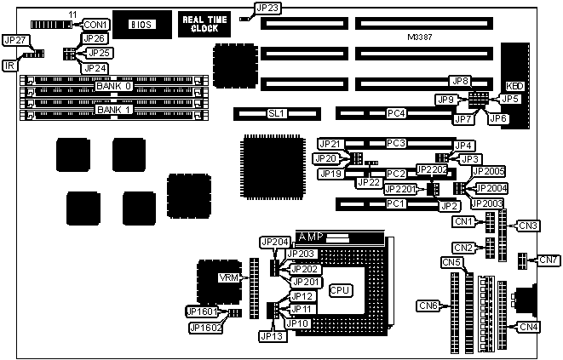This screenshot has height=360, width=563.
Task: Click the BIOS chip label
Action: point(141,25)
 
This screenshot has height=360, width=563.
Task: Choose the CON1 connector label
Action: point(95,25)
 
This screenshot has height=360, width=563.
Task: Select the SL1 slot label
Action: point(275,112)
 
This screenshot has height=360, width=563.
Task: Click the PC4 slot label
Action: point(396,112)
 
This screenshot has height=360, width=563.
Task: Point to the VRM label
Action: point(229,278)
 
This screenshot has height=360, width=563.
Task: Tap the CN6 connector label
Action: point(428,306)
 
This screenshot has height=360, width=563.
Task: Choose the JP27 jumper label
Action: point(15,39)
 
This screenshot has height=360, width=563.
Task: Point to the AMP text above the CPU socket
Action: point(307,236)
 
